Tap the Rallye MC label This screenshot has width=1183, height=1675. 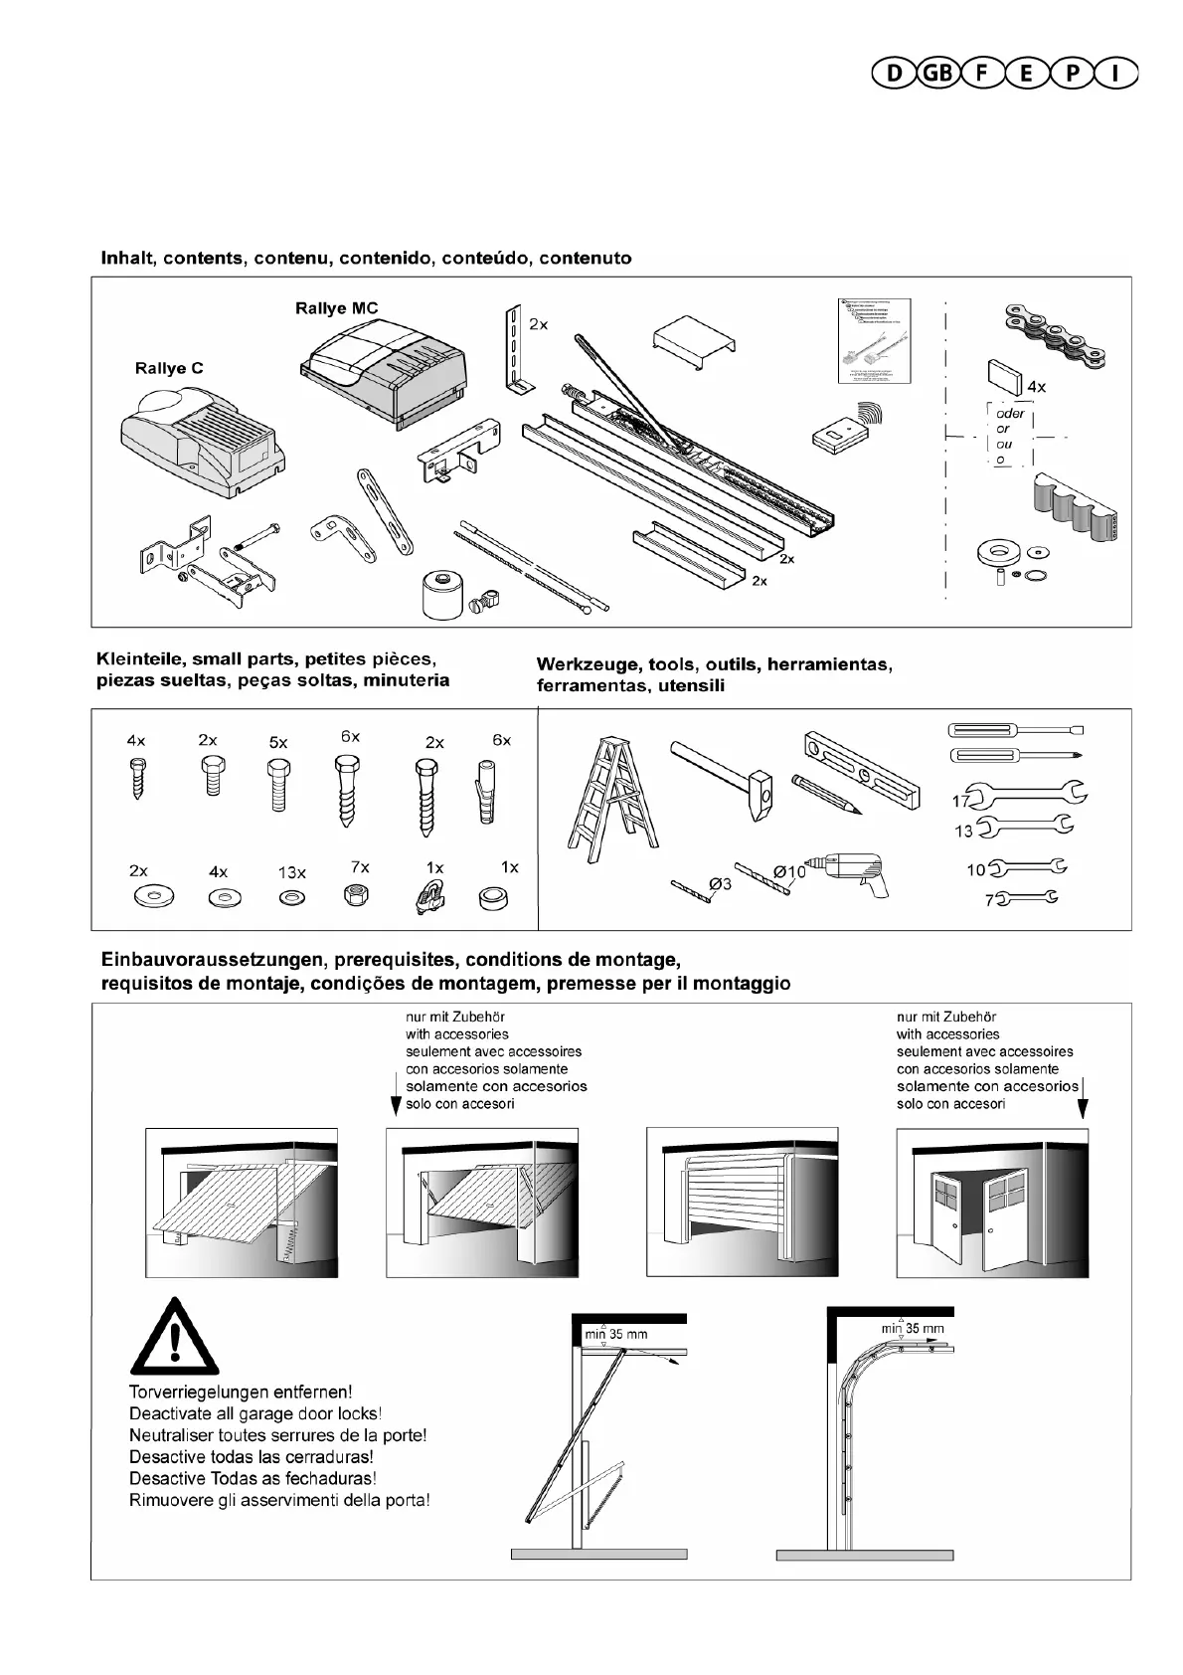click(336, 308)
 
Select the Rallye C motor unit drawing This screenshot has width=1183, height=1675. click(202, 443)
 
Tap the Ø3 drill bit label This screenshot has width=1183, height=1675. click(720, 882)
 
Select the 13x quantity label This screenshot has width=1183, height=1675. click(292, 872)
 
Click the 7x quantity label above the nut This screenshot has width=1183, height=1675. click(360, 867)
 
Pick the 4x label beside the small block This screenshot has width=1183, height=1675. click(1036, 386)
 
